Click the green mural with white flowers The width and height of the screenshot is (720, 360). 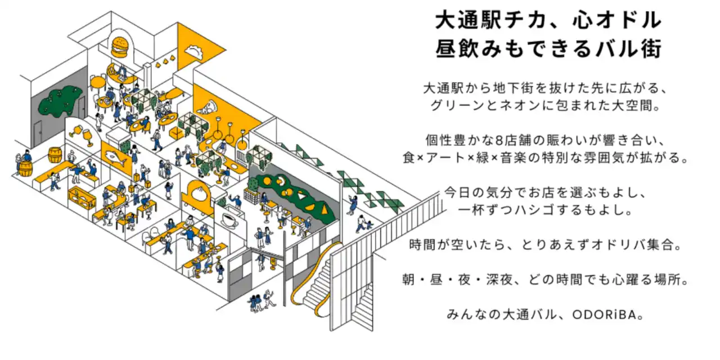coord(60,101)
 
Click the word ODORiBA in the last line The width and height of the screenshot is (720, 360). coord(607,315)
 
